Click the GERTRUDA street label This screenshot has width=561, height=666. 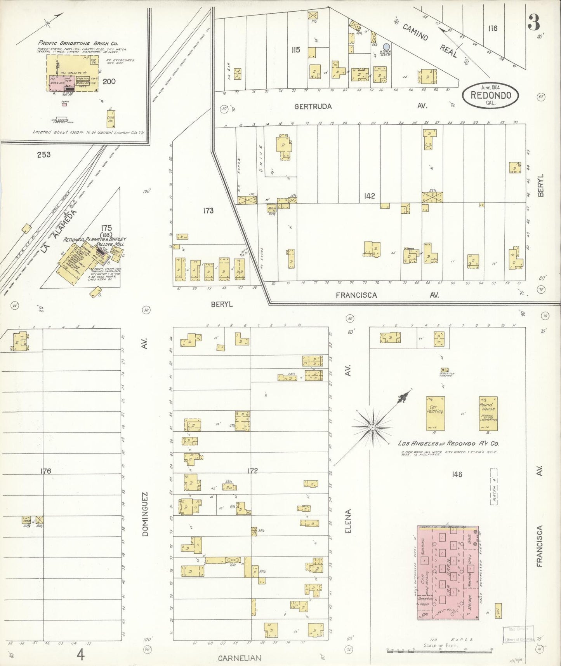click(313, 106)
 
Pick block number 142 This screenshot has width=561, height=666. click(369, 196)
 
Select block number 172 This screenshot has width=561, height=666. click(252, 471)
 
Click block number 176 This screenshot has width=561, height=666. click(46, 471)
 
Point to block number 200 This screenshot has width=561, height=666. click(109, 82)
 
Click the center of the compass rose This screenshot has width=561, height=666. click(372, 427)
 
